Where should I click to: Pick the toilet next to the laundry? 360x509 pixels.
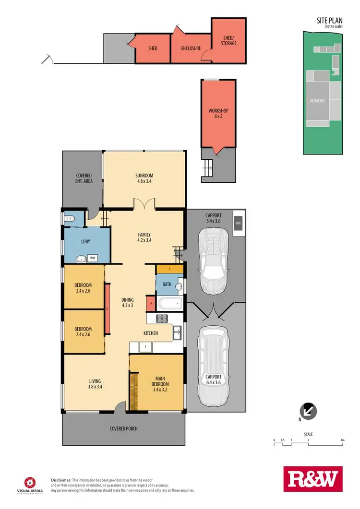(x=68, y=219)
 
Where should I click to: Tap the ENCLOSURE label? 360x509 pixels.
(x=191, y=48)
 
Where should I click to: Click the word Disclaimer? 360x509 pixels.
(x=61, y=480)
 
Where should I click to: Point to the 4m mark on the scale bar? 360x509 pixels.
(x=342, y=440)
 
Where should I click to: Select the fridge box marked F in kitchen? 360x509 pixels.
(x=145, y=345)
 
